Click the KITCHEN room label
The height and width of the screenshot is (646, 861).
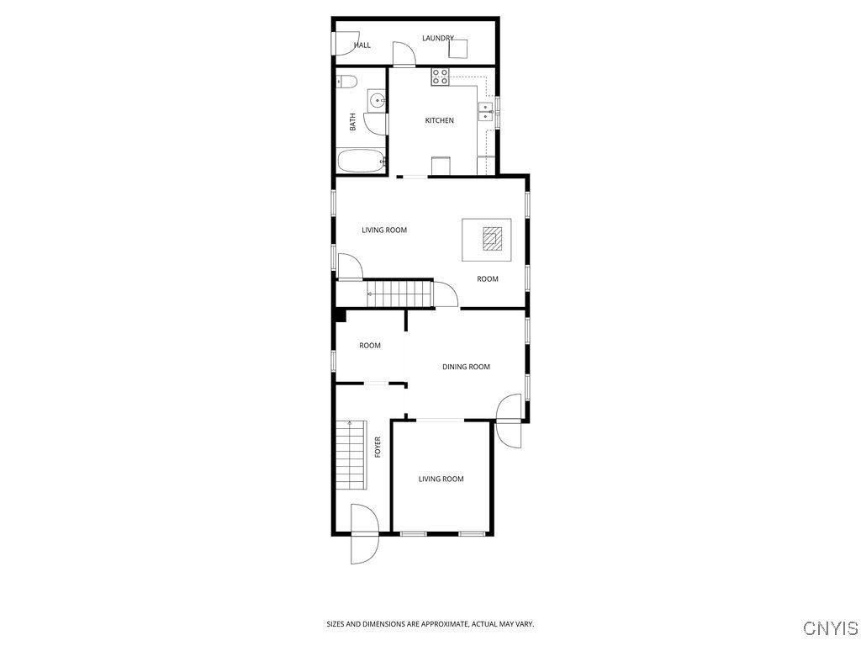(x=439, y=121)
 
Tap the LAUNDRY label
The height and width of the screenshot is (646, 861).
(x=438, y=38)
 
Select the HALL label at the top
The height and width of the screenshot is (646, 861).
(x=362, y=45)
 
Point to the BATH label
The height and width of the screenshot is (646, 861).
(x=353, y=122)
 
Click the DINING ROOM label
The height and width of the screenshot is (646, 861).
(x=466, y=367)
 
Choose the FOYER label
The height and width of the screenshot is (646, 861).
(x=378, y=446)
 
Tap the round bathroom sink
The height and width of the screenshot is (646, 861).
(x=377, y=101)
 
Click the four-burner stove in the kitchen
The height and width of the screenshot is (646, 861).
(x=441, y=77)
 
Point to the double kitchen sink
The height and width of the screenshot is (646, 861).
(x=486, y=113)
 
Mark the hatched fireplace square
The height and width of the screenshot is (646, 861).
(x=493, y=239)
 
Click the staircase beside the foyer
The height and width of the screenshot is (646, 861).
(x=351, y=456)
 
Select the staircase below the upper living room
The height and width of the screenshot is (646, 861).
(x=400, y=294)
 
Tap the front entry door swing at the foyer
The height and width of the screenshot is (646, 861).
(x=364, y=534)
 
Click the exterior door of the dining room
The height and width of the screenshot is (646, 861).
(x=510, y=421)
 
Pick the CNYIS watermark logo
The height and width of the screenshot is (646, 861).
(x=831, y=628)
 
